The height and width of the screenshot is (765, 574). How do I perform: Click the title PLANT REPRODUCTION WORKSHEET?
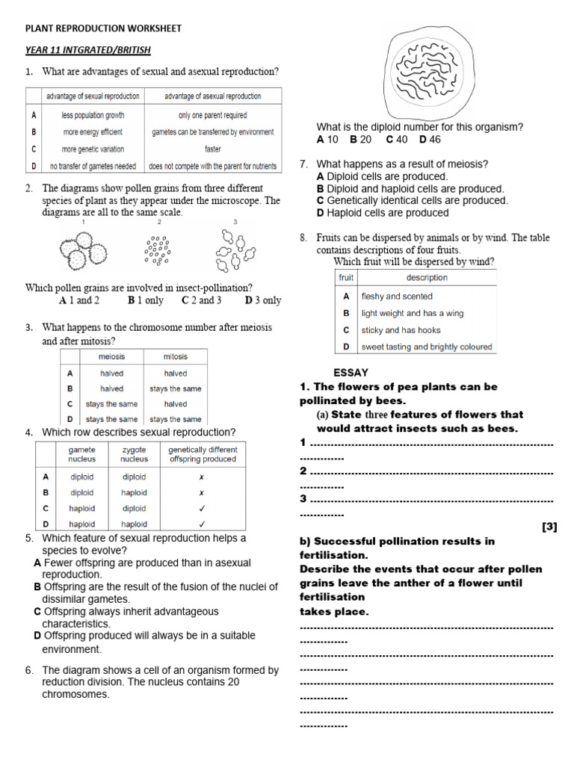click(x=104, y=28)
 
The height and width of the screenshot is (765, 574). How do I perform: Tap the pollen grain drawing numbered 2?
click(x=157, y=251)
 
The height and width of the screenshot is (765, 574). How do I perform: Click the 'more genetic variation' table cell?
click(x=93, y=149)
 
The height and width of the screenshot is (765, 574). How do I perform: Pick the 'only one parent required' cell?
click(x=212, y=116)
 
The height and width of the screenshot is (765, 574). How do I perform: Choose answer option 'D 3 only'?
click(x=263, y=300)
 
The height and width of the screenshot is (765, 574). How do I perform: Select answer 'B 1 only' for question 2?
click(x=145, y=300)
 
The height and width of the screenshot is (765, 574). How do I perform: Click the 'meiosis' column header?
click(x=111, y=356)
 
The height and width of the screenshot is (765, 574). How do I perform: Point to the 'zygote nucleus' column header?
click(x=135, y=454)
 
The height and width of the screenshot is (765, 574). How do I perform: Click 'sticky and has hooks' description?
click(x=401, y=329)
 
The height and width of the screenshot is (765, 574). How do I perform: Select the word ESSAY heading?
click(x=351, y=372)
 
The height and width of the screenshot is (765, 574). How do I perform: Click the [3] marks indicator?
click(x=549, y=527)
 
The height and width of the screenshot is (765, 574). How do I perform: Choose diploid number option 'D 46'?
click(x=430, y=140)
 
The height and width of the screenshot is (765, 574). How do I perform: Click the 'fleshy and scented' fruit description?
click(x=397, y=296)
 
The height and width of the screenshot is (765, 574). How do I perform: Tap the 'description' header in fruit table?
click(x=427, y=277)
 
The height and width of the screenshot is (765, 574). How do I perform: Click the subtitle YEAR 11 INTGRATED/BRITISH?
click(x=88, y=50)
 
